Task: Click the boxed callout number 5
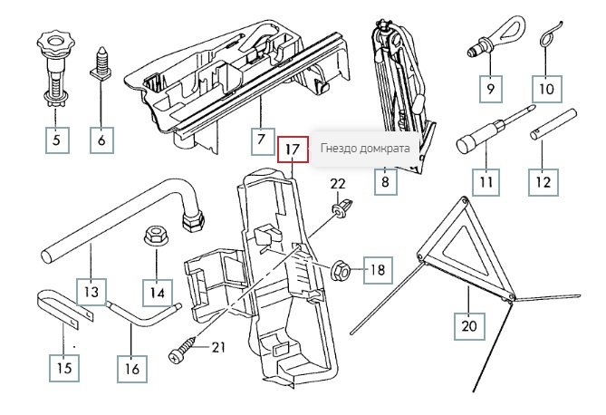(56, 140)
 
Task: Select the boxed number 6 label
(101, 140)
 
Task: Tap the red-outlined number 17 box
(292, 150)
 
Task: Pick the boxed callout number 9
(491, 89)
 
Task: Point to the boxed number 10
(545, 89)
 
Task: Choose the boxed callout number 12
(543, 180)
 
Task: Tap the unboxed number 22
(337, 184)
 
